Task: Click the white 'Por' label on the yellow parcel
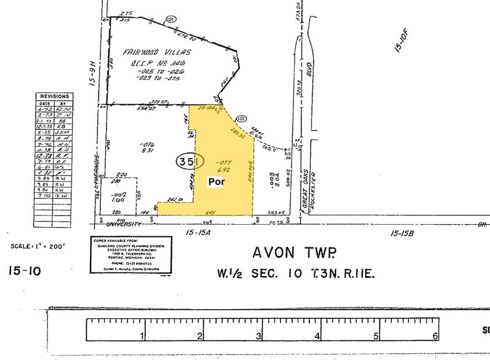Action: (x=217, y=182)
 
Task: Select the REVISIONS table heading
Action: (x=55, y=97)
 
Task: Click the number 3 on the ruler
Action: (x=258, y=336)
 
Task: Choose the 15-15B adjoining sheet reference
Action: (x=407, y=233)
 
